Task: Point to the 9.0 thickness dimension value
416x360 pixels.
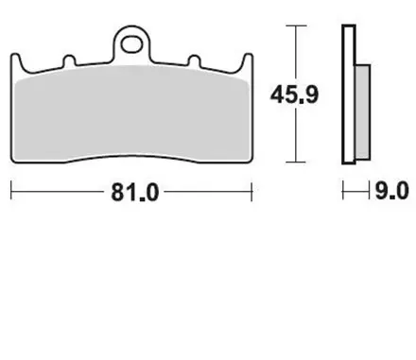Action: click(390, 192)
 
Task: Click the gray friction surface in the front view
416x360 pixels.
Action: click(132, 118)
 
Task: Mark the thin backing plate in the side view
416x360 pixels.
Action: click(348, 94)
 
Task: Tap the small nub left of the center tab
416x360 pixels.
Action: click(70, 62)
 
